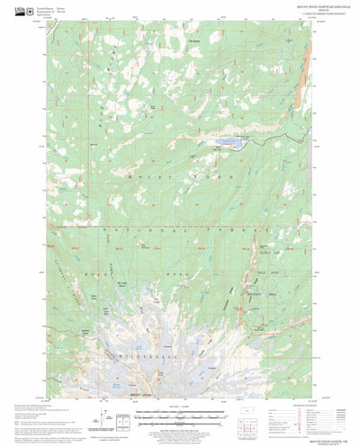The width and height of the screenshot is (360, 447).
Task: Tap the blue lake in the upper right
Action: point(228,140)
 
